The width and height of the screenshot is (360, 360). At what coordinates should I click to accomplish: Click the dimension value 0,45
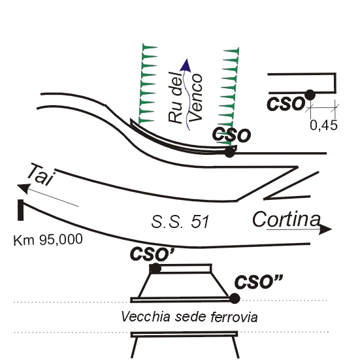[x=323, y=125]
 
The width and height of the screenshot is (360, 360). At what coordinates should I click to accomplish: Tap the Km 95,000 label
[x=48, y=240]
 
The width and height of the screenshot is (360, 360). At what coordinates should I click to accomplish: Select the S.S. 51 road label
[x=180, y=222]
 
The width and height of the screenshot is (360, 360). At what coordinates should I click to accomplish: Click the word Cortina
[x=286, y=219]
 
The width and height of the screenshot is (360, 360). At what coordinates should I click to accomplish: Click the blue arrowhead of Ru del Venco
[x=186, y=65]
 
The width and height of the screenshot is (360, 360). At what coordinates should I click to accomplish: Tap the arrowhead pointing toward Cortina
[x=325, y=229]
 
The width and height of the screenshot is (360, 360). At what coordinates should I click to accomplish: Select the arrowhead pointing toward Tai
[x=24, y=188]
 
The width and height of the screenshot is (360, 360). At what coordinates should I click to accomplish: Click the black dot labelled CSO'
[x=155, y=269]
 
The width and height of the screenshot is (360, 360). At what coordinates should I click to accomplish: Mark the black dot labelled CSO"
[x=235, y=299]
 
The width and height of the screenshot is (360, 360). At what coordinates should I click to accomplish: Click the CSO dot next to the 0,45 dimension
[x=310, y=95]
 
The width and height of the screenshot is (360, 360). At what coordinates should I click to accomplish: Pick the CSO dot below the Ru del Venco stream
[x=229, y=152]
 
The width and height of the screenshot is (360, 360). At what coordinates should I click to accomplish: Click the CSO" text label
[x=259, y=282]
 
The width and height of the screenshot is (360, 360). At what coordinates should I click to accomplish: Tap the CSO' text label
[x=152, y=254]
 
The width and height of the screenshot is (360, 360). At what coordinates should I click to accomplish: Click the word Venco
[x=195, y=98]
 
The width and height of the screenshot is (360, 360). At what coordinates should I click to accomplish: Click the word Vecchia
[x=146, y=317]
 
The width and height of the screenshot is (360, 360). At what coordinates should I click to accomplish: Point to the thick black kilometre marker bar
[x=21, y=210]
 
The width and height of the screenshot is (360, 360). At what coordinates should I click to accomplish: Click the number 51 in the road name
[x=200, y=222]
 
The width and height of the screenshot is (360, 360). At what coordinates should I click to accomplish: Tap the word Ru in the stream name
[x=175, y=114]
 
